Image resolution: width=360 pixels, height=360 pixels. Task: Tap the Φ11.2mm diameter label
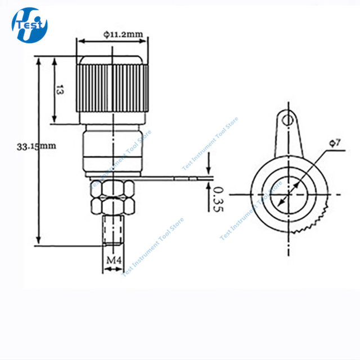tap(123, 34)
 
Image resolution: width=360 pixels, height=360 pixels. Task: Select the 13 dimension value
tap(59, 90)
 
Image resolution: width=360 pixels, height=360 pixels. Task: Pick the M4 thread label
tap(112, 260)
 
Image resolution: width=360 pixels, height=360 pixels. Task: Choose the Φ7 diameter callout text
tap(334, 144)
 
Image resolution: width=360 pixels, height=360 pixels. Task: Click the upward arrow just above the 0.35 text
tap(209, 186)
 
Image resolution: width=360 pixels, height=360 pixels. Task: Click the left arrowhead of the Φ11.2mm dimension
tap(81, 41)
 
